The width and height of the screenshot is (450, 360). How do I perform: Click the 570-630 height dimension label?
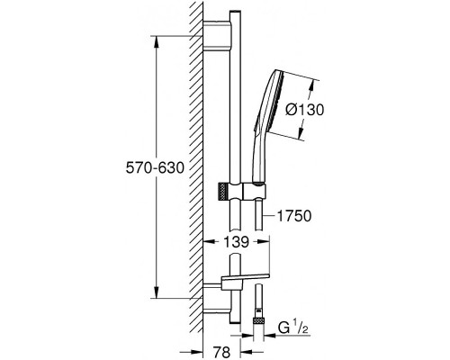(155, 167)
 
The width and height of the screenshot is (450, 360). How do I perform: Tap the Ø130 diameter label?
(304, 110)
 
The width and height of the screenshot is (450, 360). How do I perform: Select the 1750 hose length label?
(294, 216)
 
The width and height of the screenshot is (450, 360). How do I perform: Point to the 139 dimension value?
(237, 241)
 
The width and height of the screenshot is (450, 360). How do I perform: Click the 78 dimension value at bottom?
(222, 351)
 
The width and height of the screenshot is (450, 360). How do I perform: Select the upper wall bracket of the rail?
(218, 35)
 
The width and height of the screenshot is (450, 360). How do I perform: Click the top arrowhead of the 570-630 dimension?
(157, 41)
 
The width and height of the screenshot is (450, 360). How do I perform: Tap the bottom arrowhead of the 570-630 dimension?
(157, 292)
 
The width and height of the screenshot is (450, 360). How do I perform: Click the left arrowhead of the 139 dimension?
(209, 241)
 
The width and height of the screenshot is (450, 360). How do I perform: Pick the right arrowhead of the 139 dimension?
(265, 241)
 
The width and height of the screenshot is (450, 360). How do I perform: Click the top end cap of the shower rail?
(235, 13)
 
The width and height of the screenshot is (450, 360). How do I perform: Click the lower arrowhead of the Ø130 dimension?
(300, 131)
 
